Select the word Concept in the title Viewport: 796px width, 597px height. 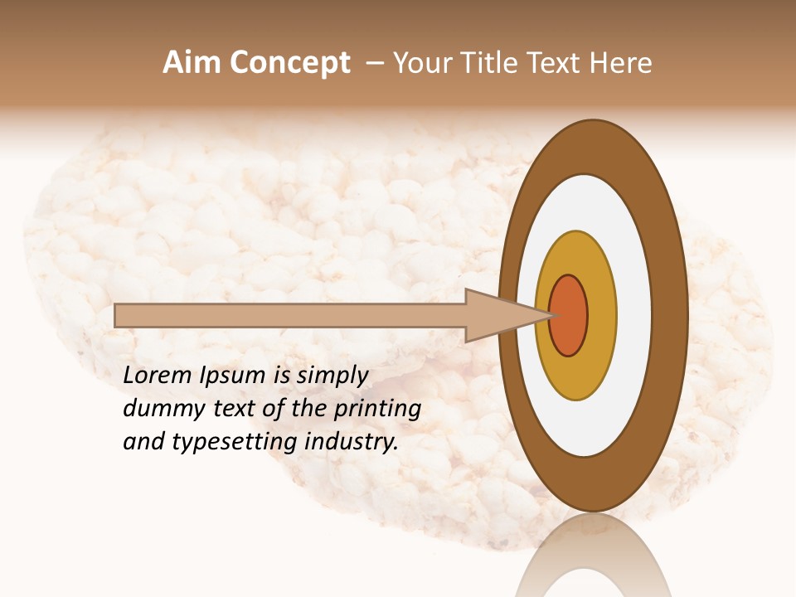[x=289, y=63]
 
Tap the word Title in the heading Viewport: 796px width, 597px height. [x=490, y=63]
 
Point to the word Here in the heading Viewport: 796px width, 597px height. [x=622, y=63]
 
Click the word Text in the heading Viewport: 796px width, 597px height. [x=556, y=63]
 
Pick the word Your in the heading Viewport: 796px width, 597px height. [x=424, y=63]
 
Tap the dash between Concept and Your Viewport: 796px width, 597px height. [x=375, y=63]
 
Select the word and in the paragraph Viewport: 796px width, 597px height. [x=143, y=442]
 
